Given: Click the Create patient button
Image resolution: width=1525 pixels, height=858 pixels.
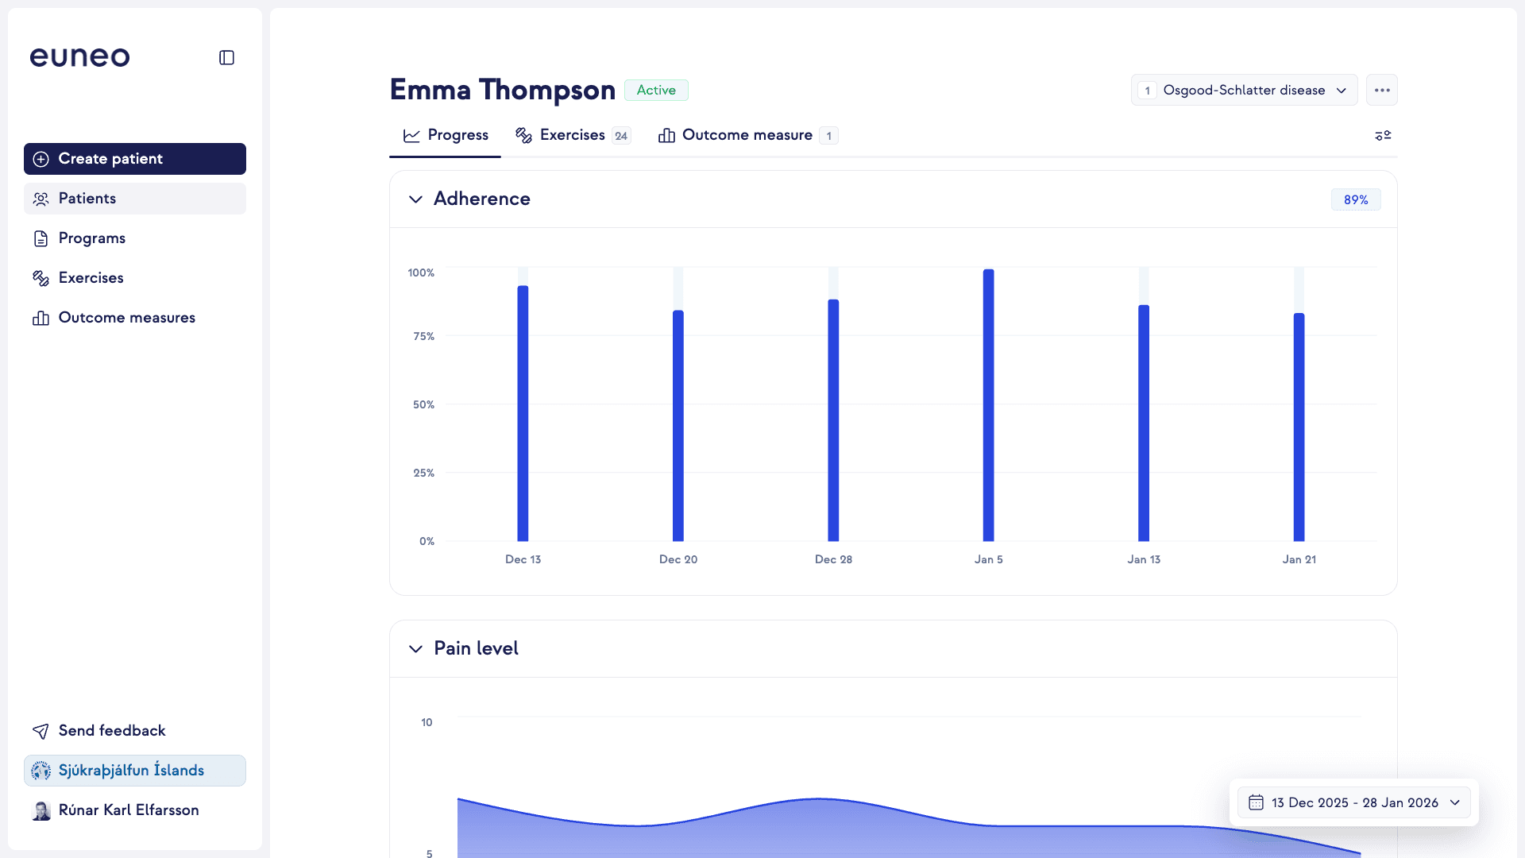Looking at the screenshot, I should coord(134,159).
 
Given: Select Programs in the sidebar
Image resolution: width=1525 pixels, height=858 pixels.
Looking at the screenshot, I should coord(91,238).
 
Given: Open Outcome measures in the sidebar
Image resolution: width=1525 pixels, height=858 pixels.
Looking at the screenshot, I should coord(126,318).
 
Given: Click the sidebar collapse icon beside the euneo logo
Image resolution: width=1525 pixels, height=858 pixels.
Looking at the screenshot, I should coord(226,58).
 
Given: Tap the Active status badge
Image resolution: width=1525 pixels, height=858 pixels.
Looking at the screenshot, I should coord(656,91).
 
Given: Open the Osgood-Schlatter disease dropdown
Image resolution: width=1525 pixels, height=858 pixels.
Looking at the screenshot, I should coord(1244,91).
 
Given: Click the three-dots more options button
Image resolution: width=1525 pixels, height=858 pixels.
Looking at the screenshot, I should coord(1382,91).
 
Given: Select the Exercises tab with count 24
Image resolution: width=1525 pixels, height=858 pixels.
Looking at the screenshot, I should coord(572,136).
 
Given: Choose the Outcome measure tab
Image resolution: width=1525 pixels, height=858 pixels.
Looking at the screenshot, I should coord(747,136).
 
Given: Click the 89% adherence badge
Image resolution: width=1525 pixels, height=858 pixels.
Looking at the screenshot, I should coord(1356,200).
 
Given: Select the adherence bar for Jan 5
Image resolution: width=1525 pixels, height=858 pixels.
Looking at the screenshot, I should coord(989,405).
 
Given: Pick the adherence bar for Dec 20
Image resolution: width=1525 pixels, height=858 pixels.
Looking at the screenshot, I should coord(678,425).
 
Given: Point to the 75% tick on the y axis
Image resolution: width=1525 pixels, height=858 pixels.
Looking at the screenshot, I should coord(423,337).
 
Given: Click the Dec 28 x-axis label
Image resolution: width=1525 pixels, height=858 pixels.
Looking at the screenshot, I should coord(833,560).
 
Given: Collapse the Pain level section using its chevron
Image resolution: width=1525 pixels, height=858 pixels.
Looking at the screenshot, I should coord(415,649).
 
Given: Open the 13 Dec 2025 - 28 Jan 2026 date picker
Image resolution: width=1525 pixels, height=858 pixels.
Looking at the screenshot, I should coord(1354,803).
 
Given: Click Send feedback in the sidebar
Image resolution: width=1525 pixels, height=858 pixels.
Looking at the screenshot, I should coord(111,731).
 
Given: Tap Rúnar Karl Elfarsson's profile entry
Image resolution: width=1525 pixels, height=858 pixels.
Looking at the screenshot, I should coord(127,810).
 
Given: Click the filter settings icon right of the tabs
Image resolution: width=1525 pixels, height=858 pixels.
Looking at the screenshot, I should coord(1383,136).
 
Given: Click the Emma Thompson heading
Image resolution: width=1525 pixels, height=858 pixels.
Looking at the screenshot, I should coord(503,91).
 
